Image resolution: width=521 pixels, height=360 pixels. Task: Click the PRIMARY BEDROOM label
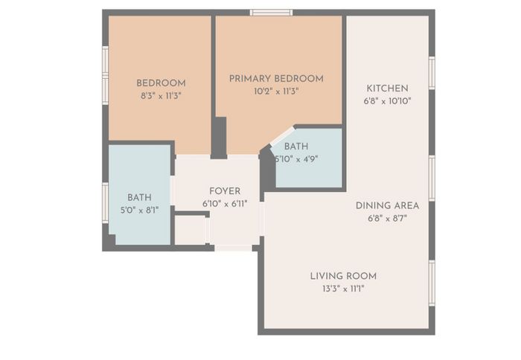[x=276, y=79]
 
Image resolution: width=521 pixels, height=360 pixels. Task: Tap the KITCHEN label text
[x=387, y=89]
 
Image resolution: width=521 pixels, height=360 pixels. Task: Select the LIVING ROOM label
[x=343, y=276]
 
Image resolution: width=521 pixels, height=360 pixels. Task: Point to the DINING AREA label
[x=387, y=205]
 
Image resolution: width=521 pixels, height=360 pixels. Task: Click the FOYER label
[x=225, y=191]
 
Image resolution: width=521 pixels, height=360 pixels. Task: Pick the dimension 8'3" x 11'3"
[x=161, y=96]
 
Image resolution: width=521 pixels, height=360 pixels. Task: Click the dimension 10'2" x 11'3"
[x=276, y=91]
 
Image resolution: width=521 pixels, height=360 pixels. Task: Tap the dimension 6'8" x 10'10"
[x=387, y=101]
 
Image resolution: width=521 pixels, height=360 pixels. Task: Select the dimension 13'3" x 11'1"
[x=343, y=289]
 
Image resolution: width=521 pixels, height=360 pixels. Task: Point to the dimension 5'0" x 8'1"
[x=139, y=210]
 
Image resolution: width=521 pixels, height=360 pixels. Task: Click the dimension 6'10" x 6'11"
[x=225, y=204]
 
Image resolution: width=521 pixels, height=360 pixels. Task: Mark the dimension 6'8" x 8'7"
[x=387, y=218]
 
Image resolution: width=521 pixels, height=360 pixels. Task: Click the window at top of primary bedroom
[x=271, y=13]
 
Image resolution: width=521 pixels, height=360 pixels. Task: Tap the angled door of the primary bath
[x=282, y=135]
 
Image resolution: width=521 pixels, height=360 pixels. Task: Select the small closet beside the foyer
[x=191, y=230]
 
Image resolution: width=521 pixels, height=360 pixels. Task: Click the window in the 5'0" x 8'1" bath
[x=106, y=202]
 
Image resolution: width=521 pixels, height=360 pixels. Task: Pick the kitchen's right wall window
[x=432, y=73]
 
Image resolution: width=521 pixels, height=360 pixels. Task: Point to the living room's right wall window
[x=432, y=283]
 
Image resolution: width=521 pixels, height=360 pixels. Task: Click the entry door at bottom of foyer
[x=233, y=248]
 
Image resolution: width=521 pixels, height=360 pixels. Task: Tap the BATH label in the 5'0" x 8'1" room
[x=139, y=197]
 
